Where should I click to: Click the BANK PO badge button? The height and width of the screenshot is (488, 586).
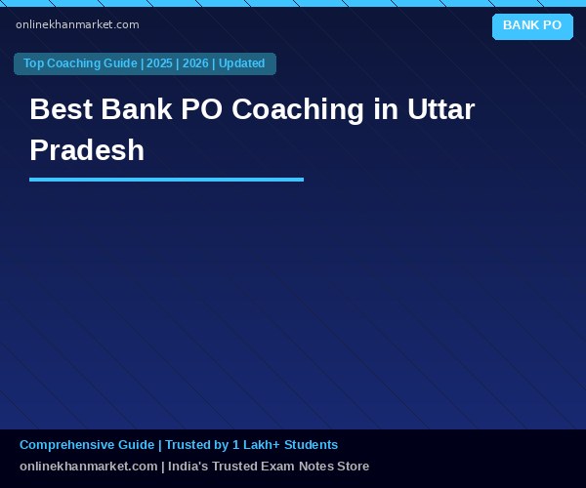[x=532, y=26]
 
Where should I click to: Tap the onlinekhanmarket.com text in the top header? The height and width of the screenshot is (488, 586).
[x=77, y=24]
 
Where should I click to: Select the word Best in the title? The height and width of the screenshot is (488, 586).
[x=62, y=109]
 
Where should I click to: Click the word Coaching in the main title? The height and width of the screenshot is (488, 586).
[x=298, y=109]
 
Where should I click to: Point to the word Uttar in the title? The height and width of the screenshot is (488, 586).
[x=441, y=109]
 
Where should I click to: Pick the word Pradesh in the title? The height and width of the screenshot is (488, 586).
[x=87, y=150]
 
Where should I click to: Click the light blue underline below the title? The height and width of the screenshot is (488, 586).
[x=166, y=180]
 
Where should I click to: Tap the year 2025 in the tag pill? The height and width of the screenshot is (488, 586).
[x=159, y=63]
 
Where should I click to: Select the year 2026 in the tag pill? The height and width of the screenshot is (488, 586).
[x=195, y=63]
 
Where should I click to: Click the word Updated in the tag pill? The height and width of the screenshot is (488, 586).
[x=242, y=63]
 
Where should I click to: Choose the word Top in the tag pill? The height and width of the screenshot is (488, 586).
[x=33, y=63]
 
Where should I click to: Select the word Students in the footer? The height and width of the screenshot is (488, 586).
[x=311, y=445]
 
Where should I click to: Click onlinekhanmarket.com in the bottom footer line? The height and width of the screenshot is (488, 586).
[x=89, y=467]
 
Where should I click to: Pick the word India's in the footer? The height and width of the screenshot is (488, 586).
[x=188, y=467]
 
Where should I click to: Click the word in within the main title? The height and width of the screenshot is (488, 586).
[x=386, y=109]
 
